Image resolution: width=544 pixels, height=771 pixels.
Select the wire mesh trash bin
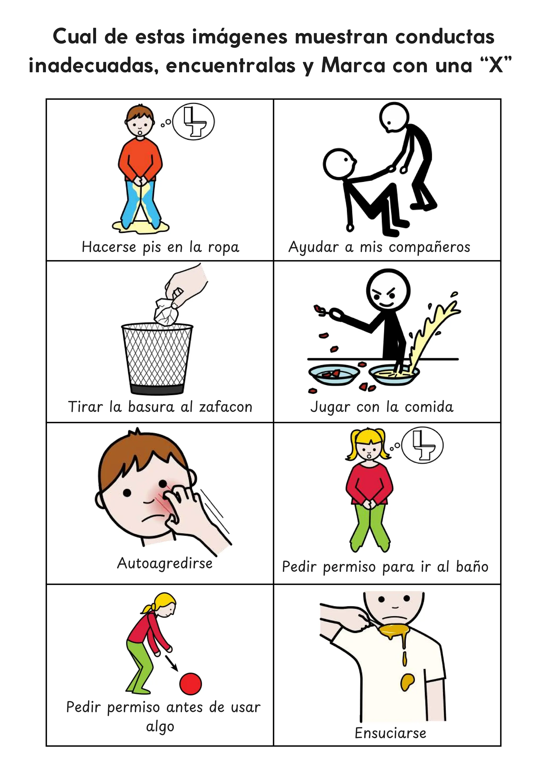coord(157,358)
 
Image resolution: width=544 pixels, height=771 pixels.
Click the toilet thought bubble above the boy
coord(195,122)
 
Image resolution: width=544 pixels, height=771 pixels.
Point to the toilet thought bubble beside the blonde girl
coord(422,445)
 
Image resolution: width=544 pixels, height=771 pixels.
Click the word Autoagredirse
coord(165,563)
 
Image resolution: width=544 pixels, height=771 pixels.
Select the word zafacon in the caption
coord(226,407)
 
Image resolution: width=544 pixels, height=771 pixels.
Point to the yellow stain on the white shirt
coord(407,681)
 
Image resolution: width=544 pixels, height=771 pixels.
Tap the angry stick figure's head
coord(388,289)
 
